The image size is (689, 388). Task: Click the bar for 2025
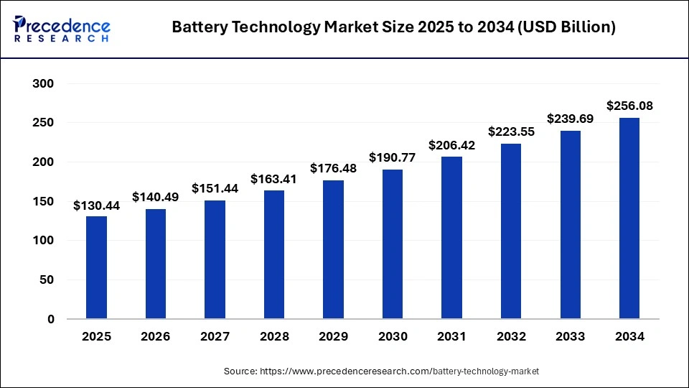point(96,267)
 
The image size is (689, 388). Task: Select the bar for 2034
point(629,218)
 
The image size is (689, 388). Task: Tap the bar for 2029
point(333,249)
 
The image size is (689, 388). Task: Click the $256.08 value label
point(629,106)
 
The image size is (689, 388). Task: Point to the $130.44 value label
point(96,205)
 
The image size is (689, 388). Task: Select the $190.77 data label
point(392,157)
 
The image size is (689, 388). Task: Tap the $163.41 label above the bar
point(273,178)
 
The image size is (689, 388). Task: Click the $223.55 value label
point(510,131)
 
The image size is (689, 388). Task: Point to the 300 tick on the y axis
point(43,84)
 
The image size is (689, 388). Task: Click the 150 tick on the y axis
point(43,202)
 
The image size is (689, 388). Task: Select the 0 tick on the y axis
point(50,319)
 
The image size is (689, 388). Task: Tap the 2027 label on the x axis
point(215,336)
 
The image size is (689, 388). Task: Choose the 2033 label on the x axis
point(570,336)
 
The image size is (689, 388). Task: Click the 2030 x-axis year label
point(392,336)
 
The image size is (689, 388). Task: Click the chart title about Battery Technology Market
point(393,27)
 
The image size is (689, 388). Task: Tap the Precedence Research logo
point(62,29)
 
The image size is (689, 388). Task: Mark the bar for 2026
point(156,264)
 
